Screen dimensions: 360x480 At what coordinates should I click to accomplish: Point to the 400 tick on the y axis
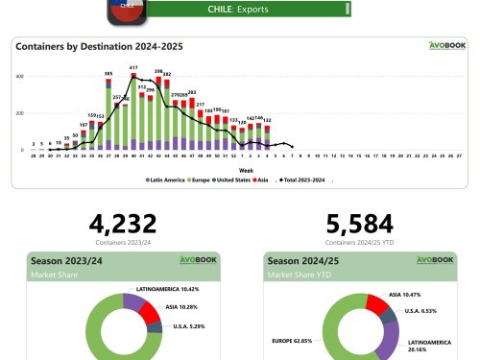pyautogui.click(x=19, y=76)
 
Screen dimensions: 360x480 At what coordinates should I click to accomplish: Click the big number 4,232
pyautogui.click(x=122, y=225)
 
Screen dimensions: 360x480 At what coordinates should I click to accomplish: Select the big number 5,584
pyautogui.click(x=360, y=225)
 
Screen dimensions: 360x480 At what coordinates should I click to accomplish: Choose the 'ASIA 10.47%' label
pyautogui.click(x=408, y=295)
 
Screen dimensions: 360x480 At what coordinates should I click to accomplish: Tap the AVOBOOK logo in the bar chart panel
pyautogui.click(x=442, y=45)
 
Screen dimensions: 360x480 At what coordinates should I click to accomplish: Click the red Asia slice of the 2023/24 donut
pyautogui.click(x=148, y=311)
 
